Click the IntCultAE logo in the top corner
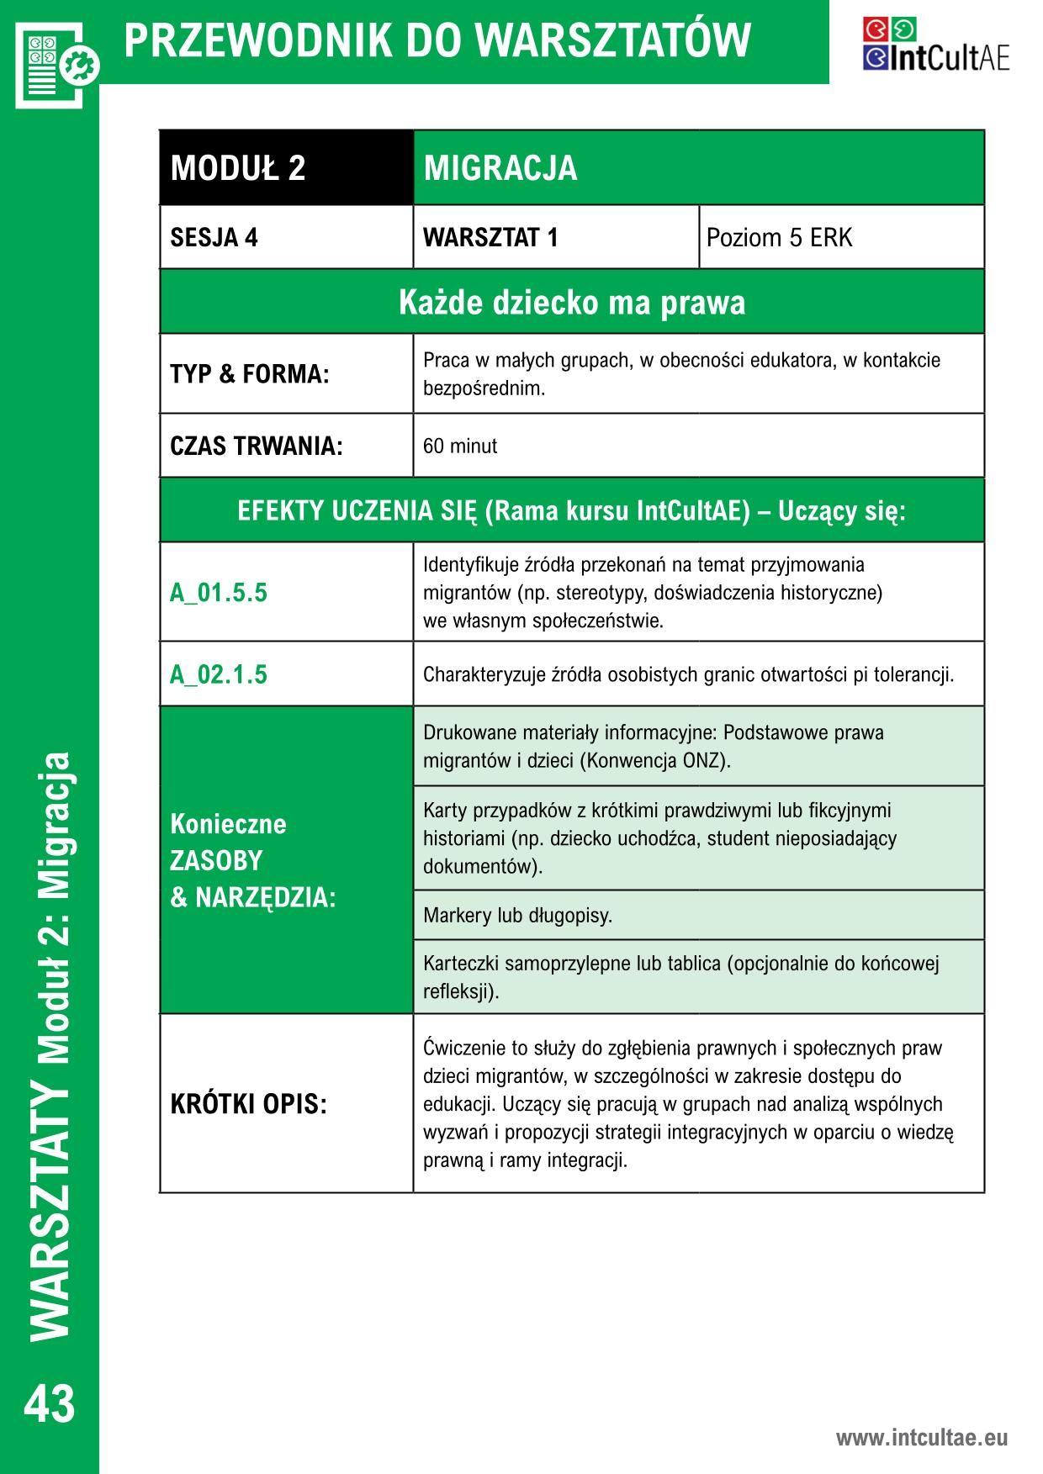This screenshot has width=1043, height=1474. [x=935, y=45]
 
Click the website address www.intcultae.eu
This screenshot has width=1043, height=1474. [x=921, y=1438]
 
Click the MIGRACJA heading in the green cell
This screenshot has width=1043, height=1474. [x=500, y=168]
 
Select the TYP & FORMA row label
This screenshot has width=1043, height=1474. [x=249, y=374]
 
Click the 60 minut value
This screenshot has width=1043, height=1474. [x=460, y=446]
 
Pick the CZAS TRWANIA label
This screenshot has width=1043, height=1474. [x=257, y=446]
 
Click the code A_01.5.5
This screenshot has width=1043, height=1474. [x=219, y=593]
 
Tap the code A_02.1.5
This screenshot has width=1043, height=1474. [x=219, y=674]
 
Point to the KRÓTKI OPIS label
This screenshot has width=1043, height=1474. [x=248, y=1104]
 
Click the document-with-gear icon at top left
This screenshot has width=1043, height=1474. [x=56, y=63]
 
